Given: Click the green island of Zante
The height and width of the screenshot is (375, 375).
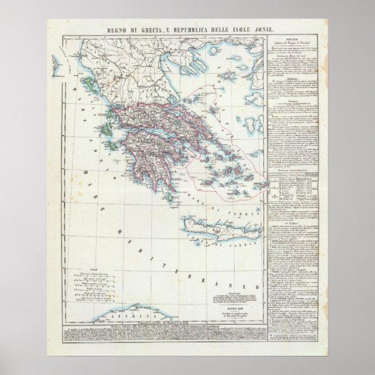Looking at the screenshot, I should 105,156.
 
